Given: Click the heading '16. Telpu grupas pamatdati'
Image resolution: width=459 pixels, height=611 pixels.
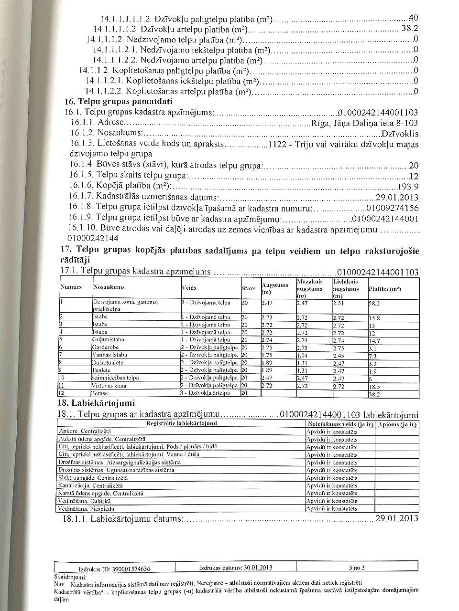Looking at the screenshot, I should pyautogui.click(x=119, y=102).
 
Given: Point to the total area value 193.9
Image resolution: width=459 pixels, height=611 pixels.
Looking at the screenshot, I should pyautogui.click(x=408, y=187).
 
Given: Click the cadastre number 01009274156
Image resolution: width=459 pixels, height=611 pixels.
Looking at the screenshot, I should pyautogui.click(x=392, y=208).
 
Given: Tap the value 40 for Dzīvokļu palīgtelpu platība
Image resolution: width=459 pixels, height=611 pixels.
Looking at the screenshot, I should pyautogui.click(x=414, y=19).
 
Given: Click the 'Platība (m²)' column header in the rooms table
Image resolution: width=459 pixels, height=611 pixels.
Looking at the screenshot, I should pyautogui.click(x=385, y=288).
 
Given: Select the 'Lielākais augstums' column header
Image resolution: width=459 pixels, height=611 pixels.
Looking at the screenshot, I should pyautogui.click(x=346, y=289).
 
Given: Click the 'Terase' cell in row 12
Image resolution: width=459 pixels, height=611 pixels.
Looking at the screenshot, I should pyautogui.click(x=100, y=393).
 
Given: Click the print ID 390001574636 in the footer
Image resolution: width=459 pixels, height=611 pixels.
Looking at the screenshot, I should pyautogui.click(x=114, y=569).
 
